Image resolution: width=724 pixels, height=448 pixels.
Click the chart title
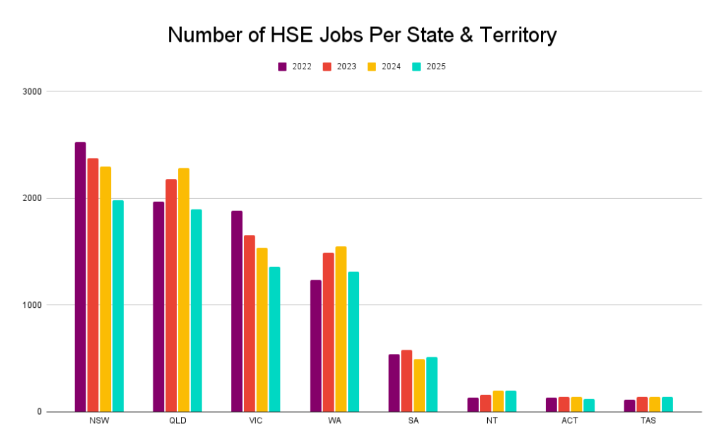(x=362, y=35)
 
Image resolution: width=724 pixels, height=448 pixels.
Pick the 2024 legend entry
(x=384, y=67)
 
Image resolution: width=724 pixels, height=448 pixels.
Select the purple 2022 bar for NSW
(x=80, y=277)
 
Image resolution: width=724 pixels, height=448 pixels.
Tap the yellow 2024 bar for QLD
(x=184, y=289)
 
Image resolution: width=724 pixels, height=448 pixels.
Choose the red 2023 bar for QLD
(x=171, y=295)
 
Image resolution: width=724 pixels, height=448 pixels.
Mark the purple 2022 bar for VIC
(x=237, y=311)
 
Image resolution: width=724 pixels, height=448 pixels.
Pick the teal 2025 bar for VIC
(x=274, y=339)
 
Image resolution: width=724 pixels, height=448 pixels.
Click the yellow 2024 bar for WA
(x=341, y=328)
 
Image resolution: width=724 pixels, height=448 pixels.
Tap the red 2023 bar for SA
(x=407, y=381)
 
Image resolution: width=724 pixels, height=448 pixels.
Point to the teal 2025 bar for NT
(x=510, y=401)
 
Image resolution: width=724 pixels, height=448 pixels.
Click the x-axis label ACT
(x=570, y=421)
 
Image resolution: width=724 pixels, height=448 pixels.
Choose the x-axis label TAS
(x=648, y=421)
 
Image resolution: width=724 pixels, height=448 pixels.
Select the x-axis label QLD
(x=177, y=421)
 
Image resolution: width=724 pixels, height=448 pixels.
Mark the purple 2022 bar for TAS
(x=629, y=406)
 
